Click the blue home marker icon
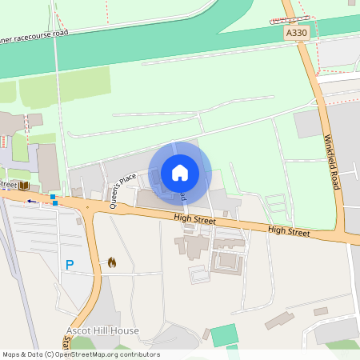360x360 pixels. pos(180,172)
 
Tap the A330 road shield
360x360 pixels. pos(296,33)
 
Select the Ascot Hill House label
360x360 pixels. pos(102,330)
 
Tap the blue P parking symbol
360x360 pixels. pos(70,265)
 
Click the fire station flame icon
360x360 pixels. pos(112,262)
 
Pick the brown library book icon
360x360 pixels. pos(25,186)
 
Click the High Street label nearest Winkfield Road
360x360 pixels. pos(289,230)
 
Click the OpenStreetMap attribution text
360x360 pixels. pos(81,354)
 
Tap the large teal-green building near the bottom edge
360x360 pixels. pos(224,335)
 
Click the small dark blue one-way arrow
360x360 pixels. pos(32,201)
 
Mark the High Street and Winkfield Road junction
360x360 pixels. pos(350,238)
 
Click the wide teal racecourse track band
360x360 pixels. pos(160,48)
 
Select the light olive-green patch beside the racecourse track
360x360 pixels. pos(64,88)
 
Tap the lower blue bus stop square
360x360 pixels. pos(55,202)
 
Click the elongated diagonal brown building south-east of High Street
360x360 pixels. pos(279,321)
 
